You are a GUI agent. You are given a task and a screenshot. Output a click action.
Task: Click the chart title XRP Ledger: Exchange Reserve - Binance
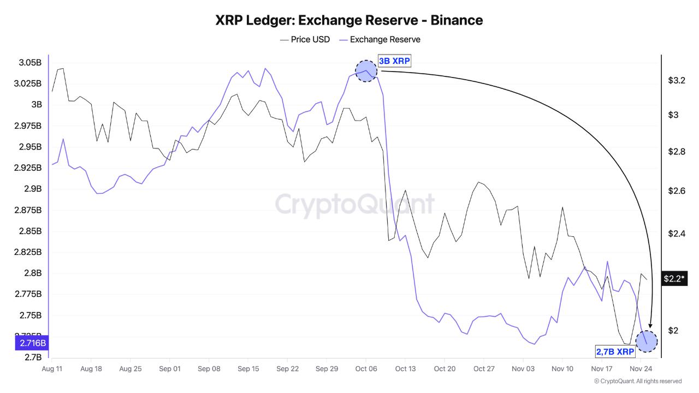pos(349,20)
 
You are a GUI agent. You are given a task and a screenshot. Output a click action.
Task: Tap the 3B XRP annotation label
pos(394,61)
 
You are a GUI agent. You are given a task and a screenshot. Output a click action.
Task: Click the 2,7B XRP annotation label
pos(615,352)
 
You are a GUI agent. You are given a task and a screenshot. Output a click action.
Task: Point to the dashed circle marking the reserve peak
pos(366,71)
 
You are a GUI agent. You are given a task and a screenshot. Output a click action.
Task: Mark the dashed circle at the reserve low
pos(647,341)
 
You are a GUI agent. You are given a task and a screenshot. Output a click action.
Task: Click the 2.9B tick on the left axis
pos(32,189)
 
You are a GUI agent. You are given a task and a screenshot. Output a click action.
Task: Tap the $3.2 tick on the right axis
pos(677,80)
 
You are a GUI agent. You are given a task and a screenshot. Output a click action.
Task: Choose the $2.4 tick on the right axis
pos(677,234)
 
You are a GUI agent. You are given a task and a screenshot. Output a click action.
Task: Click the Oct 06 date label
pos(366,369)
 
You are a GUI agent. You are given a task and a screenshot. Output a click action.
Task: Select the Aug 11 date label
pos(52,369)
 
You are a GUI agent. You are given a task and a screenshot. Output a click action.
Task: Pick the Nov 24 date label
pos(641,369)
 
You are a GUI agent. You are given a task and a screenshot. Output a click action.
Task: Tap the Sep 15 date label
pos(248,369)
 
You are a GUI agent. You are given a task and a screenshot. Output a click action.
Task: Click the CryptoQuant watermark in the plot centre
pos(355,204)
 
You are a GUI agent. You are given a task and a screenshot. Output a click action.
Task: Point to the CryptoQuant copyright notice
pos(637,381)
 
